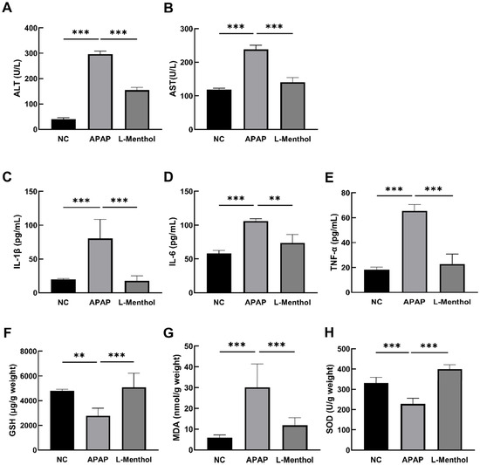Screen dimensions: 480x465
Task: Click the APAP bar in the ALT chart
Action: [100, 92]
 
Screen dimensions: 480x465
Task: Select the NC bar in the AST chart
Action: [219, 110]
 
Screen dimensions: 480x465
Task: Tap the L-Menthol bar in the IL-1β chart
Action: [137, 287]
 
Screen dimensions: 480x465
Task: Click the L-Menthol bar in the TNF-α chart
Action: [452, 278]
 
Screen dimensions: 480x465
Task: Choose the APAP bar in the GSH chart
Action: [98, 434]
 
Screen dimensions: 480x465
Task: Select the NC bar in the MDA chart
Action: [219, 444]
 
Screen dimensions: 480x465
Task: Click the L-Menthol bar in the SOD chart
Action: [449, 410]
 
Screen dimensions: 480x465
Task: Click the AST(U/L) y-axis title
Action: [174, 79]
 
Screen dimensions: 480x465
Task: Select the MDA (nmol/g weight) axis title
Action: [176, 398]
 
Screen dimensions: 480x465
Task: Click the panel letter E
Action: [329, 178]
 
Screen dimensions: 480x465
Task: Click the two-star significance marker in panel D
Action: [275, 198]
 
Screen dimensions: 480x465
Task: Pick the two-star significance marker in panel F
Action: [79, 355]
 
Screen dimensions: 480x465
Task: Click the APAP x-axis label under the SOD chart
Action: [413, 460]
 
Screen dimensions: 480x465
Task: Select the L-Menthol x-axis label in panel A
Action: [137, 140]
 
